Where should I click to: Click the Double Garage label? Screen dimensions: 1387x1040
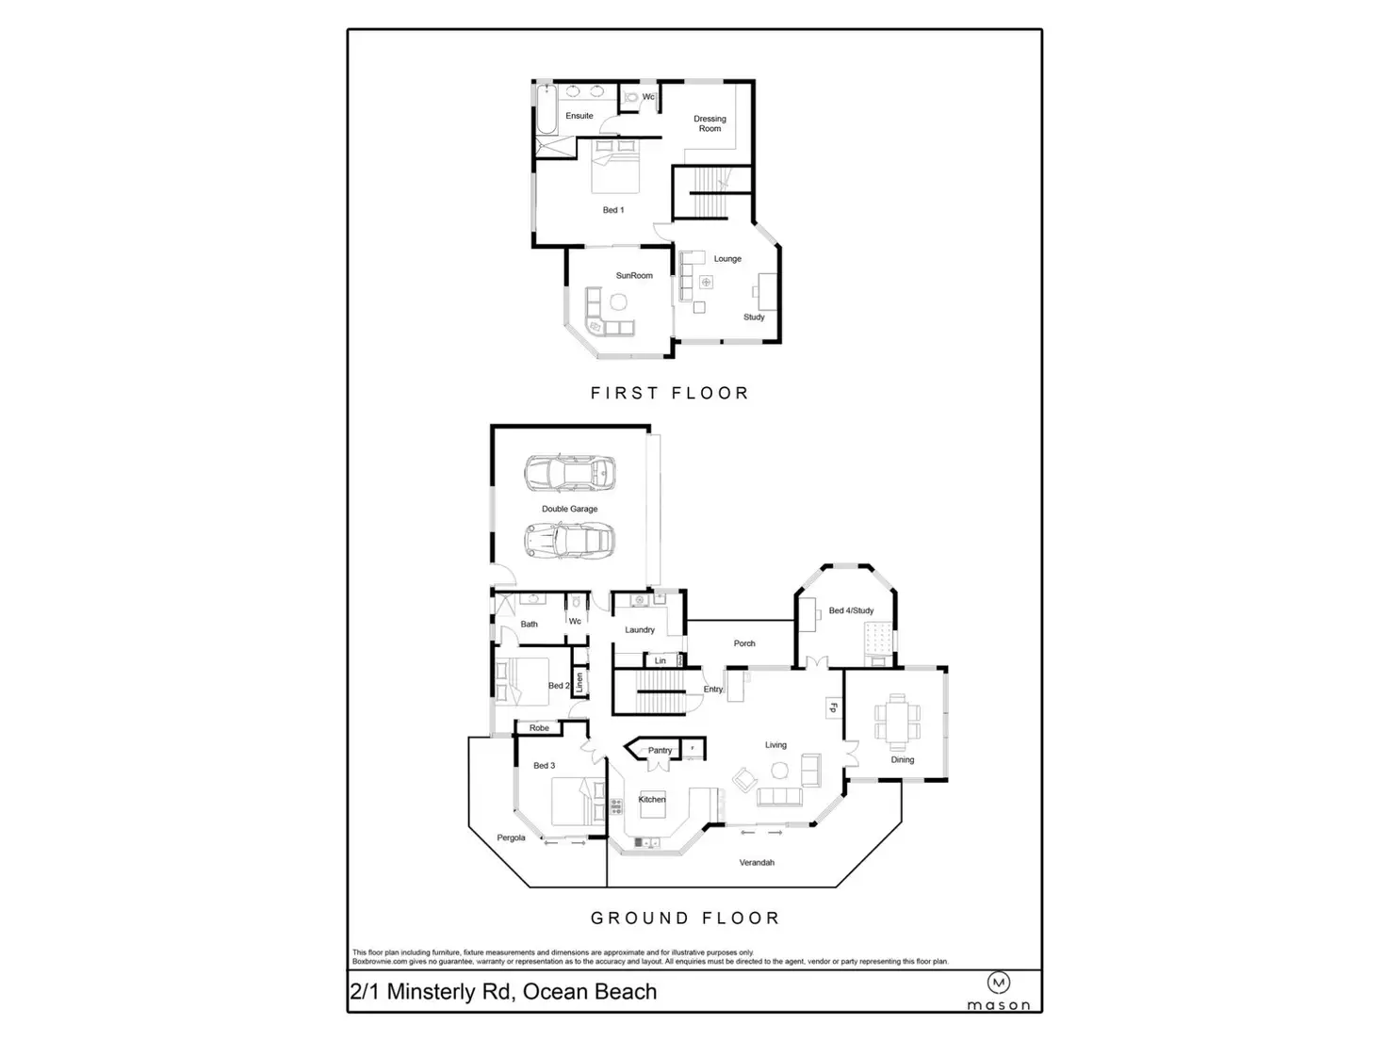click(569, 509)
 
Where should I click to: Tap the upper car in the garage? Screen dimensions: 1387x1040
click(569, 472)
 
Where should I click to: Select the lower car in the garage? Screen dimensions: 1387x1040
click(569, 541)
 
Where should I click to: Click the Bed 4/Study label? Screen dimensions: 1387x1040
click(851, 610)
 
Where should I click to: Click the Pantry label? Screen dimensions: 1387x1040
click(660, 751)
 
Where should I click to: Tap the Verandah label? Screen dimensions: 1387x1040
click(757, 862)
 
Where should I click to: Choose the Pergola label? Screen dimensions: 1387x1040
click(511, 837)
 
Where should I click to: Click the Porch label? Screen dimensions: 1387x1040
click(744, 643)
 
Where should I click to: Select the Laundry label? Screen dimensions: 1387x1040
click(640, 629)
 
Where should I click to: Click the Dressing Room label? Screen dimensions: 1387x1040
click(710, 123)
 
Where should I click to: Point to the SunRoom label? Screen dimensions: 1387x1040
click(634, 275)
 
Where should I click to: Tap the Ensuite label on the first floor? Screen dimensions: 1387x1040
click(579, 116)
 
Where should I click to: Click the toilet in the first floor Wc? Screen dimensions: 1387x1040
click(631, 97)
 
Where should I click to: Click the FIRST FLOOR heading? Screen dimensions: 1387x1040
click(669, 393)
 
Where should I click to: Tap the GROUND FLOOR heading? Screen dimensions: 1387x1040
click(685, 918)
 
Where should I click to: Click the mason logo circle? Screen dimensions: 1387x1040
click(999, 983)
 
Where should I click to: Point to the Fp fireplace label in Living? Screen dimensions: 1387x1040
click(833, 707)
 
